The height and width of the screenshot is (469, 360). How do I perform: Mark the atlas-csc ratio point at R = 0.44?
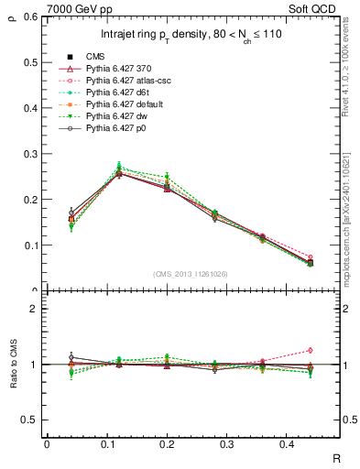point(310,350)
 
